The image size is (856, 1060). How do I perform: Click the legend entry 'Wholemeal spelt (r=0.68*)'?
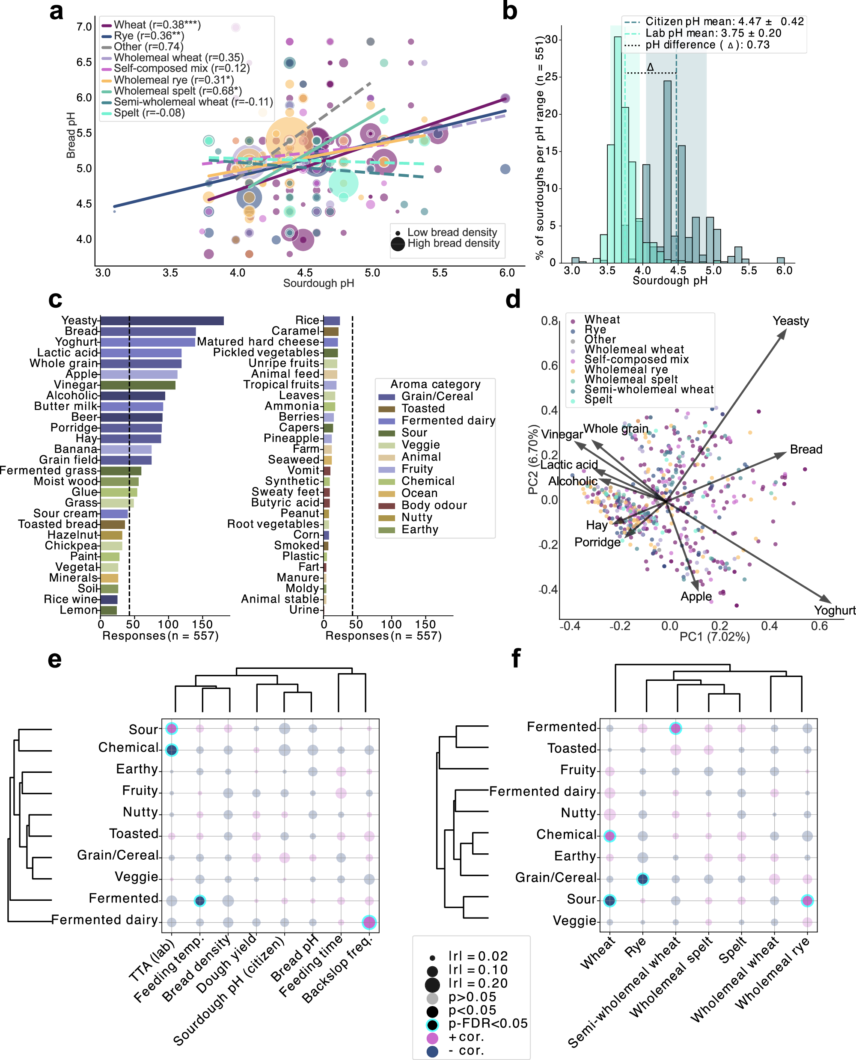click(x=178, y=91)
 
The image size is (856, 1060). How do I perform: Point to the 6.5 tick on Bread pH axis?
click(x=84, y=62)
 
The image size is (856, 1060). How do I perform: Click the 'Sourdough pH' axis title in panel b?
click(x=670, y=281)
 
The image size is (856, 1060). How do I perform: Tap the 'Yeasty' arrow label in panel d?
click(x=791, y=321)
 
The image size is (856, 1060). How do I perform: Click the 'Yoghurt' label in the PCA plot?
click(x=834, y=610)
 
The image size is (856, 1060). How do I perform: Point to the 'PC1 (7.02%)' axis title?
click(x=714, y=637)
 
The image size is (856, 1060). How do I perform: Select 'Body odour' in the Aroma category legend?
click(x=434, y=505)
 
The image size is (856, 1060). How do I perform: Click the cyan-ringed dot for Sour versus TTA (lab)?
click(x=172, y=728)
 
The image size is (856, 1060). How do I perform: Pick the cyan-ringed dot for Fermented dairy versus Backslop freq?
click(x=369, y=922)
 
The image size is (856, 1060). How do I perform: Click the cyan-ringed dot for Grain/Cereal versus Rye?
click(x=642, y=879)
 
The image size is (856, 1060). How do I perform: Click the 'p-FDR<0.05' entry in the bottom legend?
click(x=487, y=1024)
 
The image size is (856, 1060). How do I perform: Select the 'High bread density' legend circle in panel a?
click(x=398, y=243)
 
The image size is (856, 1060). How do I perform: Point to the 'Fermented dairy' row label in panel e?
click(x=104, y=920)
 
